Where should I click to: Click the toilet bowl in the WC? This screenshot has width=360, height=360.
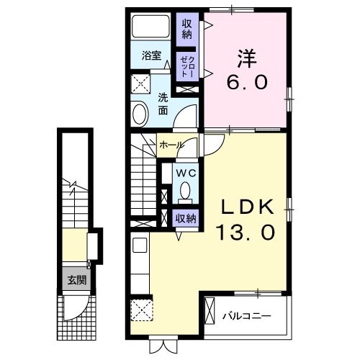(185, 192)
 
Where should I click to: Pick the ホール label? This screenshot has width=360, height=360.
(171, 145)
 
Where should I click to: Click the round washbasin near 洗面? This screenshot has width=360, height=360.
(140, 112)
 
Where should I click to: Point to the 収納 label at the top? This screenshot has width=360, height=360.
(186, 29)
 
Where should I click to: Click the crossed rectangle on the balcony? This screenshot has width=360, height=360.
(210, 314)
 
